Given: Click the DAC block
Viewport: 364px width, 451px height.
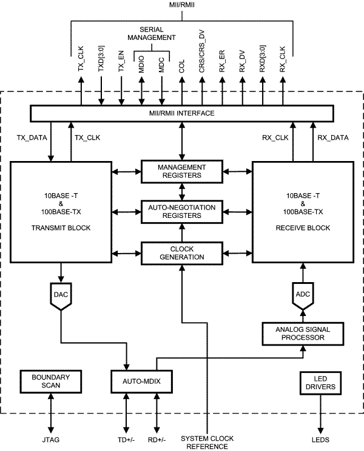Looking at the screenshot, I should [x=61, y=295].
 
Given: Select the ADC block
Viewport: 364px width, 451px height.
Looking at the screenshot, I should [x=302, y=295].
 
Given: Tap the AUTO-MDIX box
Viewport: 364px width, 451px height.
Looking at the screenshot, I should [x=140, y=382].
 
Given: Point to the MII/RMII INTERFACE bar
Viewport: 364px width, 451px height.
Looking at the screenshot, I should [x=181, y=113].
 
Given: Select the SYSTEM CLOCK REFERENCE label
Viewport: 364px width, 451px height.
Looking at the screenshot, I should [x=208, y=443].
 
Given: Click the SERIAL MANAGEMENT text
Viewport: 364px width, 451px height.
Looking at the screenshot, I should [x=152, y=33].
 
